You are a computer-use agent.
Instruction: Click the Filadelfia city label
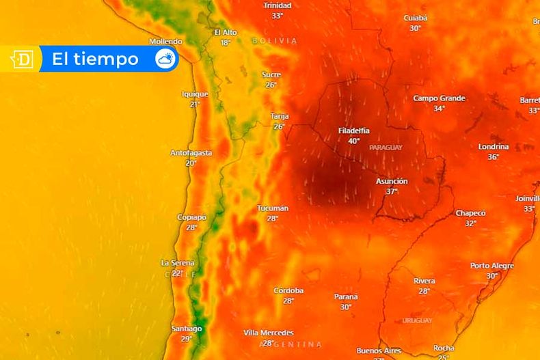(353, 130)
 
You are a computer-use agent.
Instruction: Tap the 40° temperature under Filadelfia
(353, 141)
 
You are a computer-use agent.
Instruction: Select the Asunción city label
(392, 181)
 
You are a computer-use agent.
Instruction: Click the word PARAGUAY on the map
(386, 148)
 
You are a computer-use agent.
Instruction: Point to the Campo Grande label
(439, 98)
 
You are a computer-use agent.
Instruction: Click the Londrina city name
(493, 147)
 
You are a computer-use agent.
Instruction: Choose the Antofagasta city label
(191, 153)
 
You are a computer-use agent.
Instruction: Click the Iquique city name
(195, 94)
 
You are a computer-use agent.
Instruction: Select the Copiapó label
(191, 217)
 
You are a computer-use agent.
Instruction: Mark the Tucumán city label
(273, 208)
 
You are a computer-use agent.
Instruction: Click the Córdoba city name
(288, 291)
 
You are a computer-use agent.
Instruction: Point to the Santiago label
(187, 329)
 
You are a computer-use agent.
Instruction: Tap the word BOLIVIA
(275, 41)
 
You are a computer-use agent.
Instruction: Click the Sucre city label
(271, 75)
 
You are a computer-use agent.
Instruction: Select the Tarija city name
(279, 116)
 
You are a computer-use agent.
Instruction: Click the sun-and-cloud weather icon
(165, 59)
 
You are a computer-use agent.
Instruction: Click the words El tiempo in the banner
(95, 59)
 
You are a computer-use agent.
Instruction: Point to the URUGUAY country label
(417, 320)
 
